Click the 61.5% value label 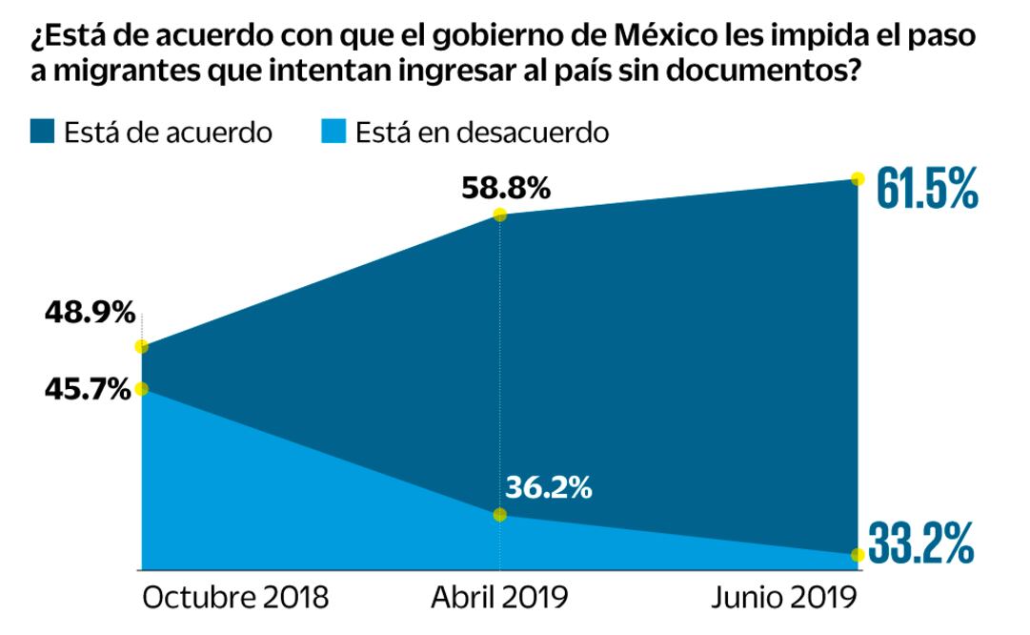(x=926, y=190)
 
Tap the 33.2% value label (x=921, y=543)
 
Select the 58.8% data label (x=506, y=188)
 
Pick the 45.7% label (x=86, y=389)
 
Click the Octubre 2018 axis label (x=235, y=598)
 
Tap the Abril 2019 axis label (x=499, y=598)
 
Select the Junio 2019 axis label (x=784, y=598)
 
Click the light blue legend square (x=333, y=132)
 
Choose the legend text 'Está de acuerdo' (x=169, y=132)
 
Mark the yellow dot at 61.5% (x=857, y=178)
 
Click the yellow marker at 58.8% (x=499, y=215)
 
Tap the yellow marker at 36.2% (x=499, y=515)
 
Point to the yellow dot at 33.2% (x=857, y=554)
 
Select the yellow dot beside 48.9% (x=141, y=347)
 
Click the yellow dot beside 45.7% (x=141, y=389)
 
